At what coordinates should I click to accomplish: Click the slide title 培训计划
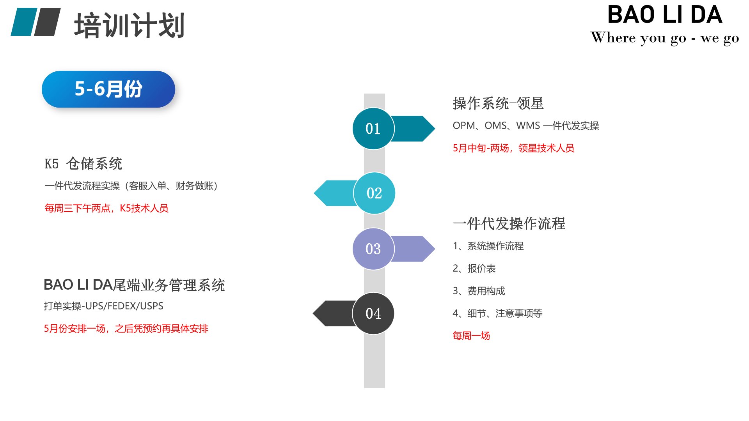[129, 26]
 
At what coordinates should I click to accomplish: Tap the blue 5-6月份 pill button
[108, 89]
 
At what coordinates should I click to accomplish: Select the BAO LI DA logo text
[665, 15]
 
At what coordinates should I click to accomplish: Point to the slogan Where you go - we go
[665, 38]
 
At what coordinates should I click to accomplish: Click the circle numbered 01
[373, 129]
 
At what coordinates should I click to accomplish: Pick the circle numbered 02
[374, 193]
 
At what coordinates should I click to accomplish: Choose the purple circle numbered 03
[373, 249]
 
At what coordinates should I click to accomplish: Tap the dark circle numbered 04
[373, 313]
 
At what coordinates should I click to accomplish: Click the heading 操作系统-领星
[498, 103]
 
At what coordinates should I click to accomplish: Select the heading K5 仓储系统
[83, 163]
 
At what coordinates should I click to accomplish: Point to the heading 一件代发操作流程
[509, 223]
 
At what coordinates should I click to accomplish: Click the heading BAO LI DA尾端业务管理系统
[134, 285]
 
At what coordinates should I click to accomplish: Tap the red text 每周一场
[471, 336]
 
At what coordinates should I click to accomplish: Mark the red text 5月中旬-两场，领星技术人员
[513, 148]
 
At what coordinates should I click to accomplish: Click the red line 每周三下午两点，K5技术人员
[106, 208]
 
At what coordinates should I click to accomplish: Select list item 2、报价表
[474, 268]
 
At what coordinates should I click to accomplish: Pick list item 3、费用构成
[479, 291]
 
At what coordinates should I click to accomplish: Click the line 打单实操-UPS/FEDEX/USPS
[103, 306]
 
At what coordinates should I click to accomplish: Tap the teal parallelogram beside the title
[24, 22]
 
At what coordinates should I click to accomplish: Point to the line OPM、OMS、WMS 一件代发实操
[526, 126]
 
